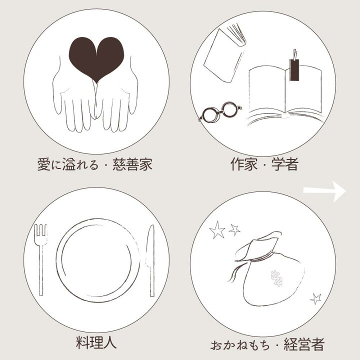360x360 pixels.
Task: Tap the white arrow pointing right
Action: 324,191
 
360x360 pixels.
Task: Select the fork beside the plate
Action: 41,259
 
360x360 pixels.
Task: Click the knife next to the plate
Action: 150,260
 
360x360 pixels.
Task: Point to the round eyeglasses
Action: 219,112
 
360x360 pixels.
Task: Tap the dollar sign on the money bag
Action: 276,278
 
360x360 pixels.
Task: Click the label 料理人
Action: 96,343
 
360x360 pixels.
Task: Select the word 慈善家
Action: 132,164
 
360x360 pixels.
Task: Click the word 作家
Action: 244,164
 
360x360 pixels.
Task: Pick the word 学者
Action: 285,164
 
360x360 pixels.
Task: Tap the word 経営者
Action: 304,344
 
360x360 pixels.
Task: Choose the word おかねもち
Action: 240,345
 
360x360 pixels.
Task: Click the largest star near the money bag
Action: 216,230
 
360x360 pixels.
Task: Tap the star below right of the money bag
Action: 316,298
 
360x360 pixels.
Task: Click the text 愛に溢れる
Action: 68,164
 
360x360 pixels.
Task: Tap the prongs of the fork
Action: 41,232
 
